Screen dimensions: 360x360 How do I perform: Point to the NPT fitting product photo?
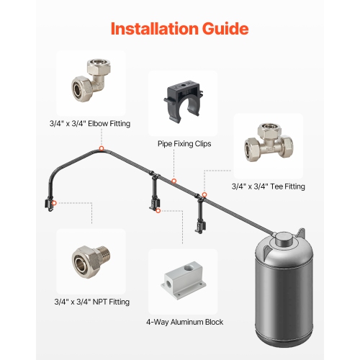(x=91, y=261)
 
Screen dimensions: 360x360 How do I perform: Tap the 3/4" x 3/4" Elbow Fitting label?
(x=92, y=124)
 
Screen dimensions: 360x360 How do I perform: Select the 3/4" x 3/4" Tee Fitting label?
(x=268, y=186)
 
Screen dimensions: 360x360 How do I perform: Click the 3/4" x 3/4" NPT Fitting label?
(x=92, y=301)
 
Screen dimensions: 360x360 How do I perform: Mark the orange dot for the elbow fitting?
(x=102, y=148)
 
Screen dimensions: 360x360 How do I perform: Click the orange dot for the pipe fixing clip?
(x=174, y=181)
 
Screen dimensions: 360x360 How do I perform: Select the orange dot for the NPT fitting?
(x=53, y=204)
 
